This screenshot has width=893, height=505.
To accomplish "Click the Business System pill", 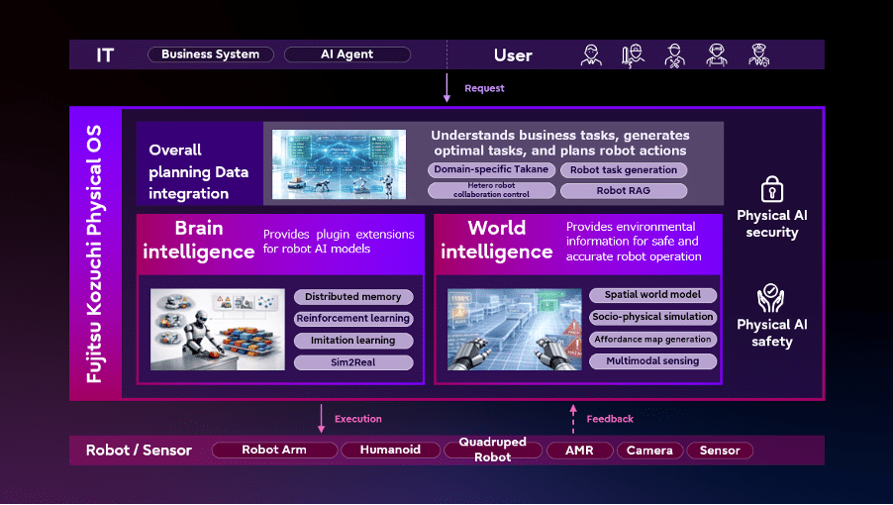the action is pos(211,54).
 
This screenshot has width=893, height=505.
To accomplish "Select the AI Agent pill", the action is pos(347,54).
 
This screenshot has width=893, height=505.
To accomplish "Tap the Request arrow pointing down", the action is pos(446,88).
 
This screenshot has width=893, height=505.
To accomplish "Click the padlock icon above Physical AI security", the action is pos(771,189).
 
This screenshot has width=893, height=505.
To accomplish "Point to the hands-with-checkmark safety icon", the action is pos(770,298).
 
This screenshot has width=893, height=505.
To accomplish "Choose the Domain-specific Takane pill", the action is pos(491,169).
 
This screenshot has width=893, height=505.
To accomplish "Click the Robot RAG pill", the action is pos(624,191).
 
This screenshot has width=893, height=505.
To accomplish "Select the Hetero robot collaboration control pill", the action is pos(491,190).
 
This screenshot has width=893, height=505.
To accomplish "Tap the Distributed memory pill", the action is pos(353,297).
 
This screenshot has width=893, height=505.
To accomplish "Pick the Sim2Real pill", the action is pos(353,362).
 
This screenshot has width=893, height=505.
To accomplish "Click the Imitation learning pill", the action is pos(353,341).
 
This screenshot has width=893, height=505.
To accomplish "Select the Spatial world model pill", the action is pos(652,295).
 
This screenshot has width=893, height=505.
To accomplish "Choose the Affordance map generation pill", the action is pos(652,340).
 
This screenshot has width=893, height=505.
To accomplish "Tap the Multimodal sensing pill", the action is pos(652,361).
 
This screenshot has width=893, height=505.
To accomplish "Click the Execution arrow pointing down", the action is pos(321,419).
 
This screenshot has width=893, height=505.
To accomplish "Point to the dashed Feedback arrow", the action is pos(573,419).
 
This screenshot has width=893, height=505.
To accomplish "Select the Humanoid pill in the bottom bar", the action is pos(391,450).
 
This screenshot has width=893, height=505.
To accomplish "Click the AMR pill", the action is pos(580,451).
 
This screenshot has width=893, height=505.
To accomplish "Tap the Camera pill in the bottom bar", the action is pos(649,451).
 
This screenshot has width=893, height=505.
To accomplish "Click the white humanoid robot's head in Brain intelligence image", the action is pos(203,320).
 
